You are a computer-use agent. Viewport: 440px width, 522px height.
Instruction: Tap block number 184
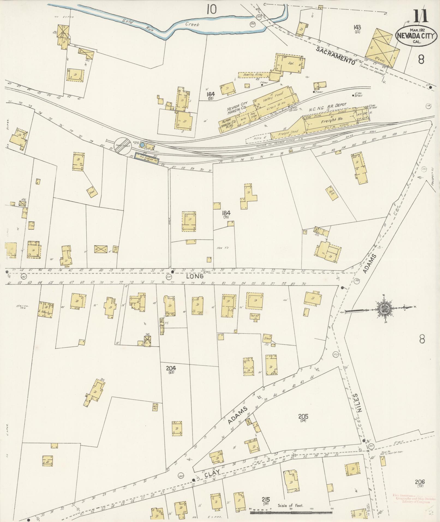(226, 213)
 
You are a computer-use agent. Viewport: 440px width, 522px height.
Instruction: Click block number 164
(211, 94)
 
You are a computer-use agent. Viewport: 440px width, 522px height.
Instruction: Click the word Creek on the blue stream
(193, 25)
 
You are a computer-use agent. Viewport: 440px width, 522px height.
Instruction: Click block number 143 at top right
(357, 27)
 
